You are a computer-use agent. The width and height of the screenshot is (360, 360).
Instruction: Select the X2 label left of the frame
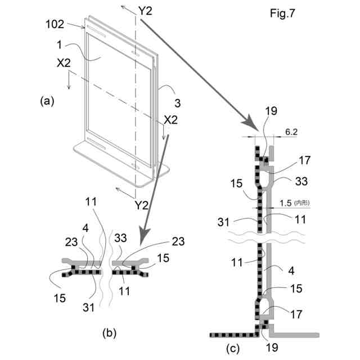[x=64, y=64]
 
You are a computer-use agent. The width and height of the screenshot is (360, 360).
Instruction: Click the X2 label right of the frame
[x=170, y=120]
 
